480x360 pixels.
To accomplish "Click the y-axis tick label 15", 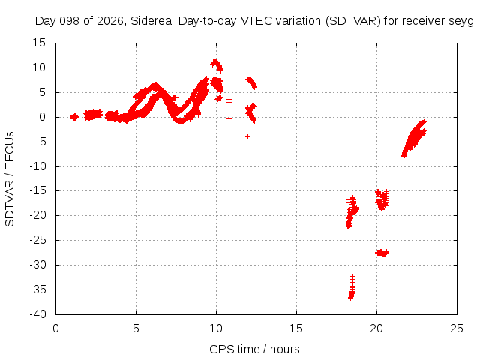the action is [x=39, y=43].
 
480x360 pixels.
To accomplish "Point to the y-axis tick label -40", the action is [x=37, y=314].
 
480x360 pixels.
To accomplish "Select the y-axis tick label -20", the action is [x=37, y=215].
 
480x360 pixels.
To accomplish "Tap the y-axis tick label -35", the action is [x=37, y=289].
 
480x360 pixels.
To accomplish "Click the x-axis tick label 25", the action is [x=457, y=328].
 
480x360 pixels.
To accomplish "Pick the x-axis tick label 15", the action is [x=296, y=328].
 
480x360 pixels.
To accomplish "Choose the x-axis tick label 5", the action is [x=136, y=328].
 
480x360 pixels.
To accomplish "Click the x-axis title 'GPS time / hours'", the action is [x=254, y=349].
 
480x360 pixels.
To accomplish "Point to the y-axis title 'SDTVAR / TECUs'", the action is [x=10, y=179].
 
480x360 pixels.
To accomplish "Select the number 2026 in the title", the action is [x=110, y=21].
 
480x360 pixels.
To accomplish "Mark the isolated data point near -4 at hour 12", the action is [x=247, y=136].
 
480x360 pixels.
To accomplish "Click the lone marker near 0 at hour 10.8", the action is [x=229, y=118].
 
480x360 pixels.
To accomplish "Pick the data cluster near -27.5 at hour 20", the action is [x=382, y=253].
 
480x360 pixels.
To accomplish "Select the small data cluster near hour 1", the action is [x=74, y=117].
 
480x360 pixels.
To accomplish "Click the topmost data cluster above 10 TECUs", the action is [x=217, y=65].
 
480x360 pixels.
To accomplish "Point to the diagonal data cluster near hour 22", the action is [x=414, y=139].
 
